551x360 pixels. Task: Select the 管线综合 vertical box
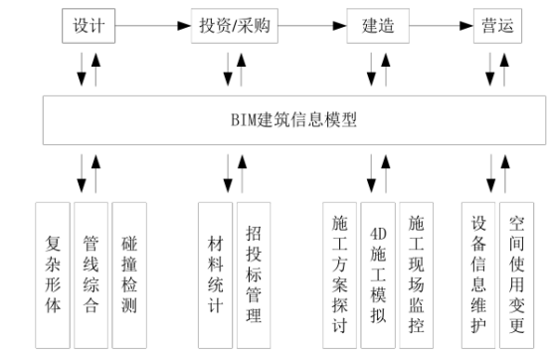[92, 272]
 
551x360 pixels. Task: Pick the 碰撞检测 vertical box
[129, 272]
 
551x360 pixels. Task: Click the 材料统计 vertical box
[215, 272]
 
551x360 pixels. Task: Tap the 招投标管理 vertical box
[253, 272]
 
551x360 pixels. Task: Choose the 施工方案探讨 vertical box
[339, 272]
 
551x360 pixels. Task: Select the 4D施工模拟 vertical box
[378, 272]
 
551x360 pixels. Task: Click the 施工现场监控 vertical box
[415, 272]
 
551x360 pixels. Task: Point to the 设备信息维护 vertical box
[479, 272]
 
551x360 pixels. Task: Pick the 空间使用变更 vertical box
[517, 272]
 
